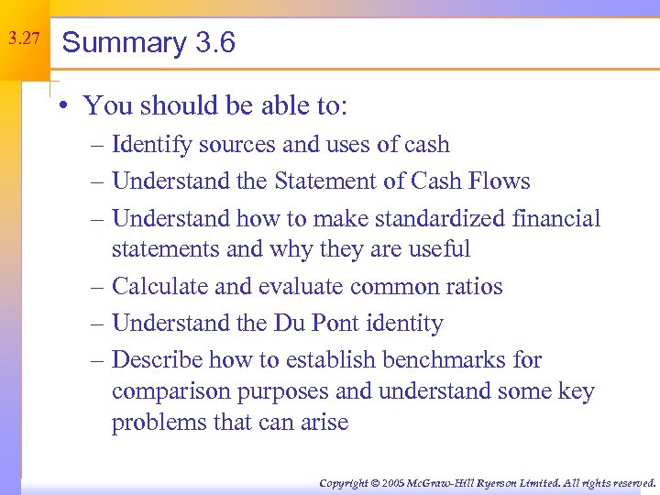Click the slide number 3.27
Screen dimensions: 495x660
pos(23,39)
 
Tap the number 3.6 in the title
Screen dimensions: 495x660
pos(215,43)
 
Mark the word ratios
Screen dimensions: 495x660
pos(472,286)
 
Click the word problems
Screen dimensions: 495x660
pos(156,423)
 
